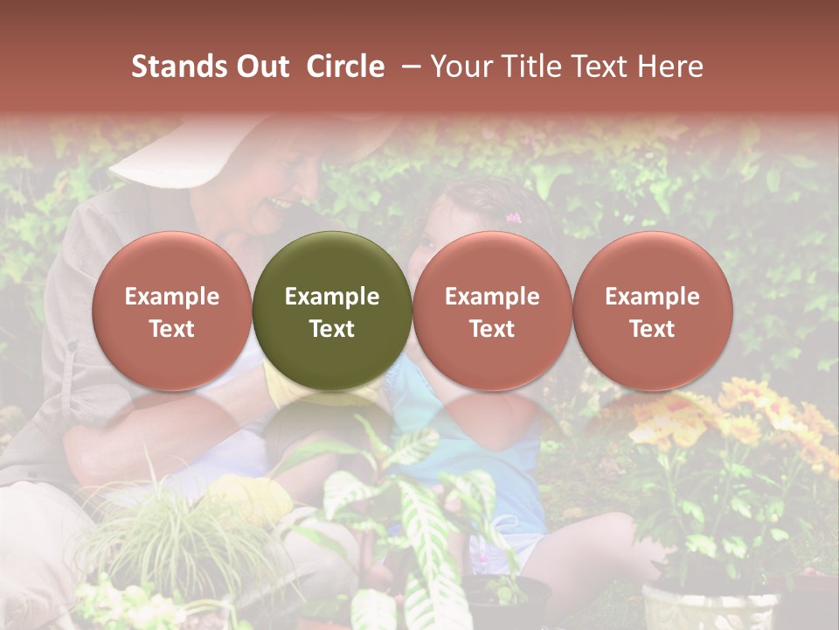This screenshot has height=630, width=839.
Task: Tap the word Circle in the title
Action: (x=345, y=66)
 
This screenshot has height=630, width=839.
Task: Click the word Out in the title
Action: (x=260, y=66)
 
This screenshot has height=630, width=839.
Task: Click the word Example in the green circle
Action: (x=332, y=297)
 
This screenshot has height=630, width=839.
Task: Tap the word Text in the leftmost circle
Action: (x=172, y=329)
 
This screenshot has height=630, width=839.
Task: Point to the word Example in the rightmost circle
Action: (x=652, y=297)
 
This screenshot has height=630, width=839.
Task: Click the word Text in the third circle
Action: (x=492, y=329)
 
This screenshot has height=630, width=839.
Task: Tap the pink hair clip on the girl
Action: (x=513, y=218)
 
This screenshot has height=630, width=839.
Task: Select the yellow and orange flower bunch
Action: (x=743, y=420)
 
